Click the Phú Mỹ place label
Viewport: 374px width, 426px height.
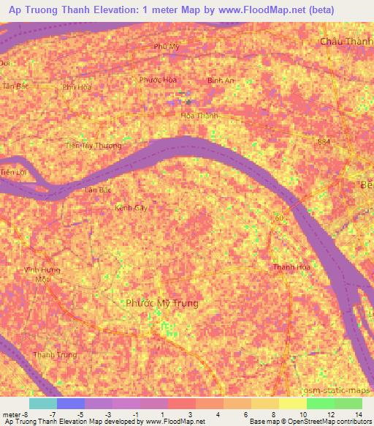point(166,47)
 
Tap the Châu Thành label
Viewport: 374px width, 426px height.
point(346,42)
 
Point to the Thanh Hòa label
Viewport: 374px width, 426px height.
point(288,267)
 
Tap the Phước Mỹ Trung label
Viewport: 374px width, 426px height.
point(161,302)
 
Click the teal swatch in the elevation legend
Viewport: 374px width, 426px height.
point(43,403)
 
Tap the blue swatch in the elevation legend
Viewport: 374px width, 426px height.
point(71,403)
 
